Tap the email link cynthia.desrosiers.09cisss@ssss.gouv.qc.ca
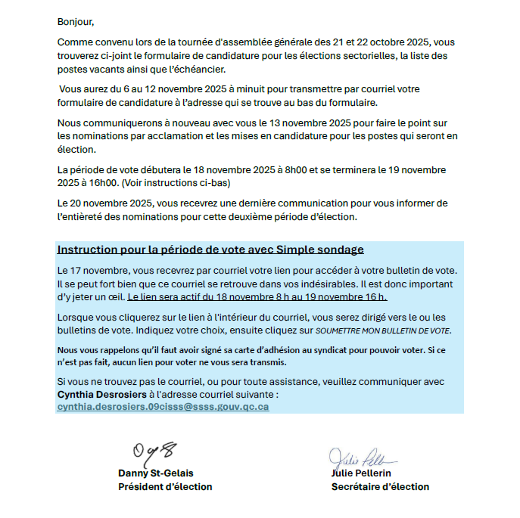coord(163,407)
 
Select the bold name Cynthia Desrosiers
coord(102,395)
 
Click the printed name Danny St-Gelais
coord(155,473)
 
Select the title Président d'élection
coord(165,487)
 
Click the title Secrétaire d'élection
coord(380,487)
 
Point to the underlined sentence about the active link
coord(257,296)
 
